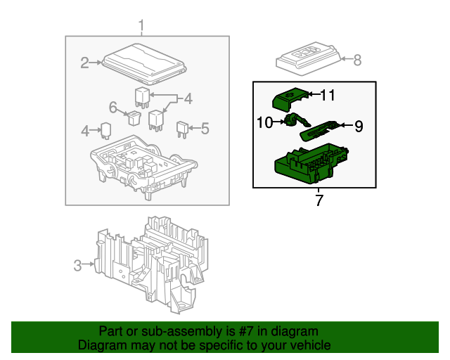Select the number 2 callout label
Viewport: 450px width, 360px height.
coord(85,63)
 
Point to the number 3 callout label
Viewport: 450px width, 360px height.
coord(77,265)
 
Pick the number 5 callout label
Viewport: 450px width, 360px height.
coord(205,129)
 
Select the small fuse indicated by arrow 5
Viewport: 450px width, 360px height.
coord(182,129)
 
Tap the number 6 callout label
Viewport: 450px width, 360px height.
coord(112,107)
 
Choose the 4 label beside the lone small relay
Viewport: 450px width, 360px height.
coord(85,130)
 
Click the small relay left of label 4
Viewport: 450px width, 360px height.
coord(105,130)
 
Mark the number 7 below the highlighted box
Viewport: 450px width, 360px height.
coord(319,201)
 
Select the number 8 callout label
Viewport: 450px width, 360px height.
coord(356,60)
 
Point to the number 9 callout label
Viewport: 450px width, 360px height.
coord(358,127)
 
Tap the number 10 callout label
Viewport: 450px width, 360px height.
coord(264,123)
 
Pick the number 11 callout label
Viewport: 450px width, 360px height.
coord(329,94)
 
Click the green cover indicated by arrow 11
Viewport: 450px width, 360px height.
coord(288,98)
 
